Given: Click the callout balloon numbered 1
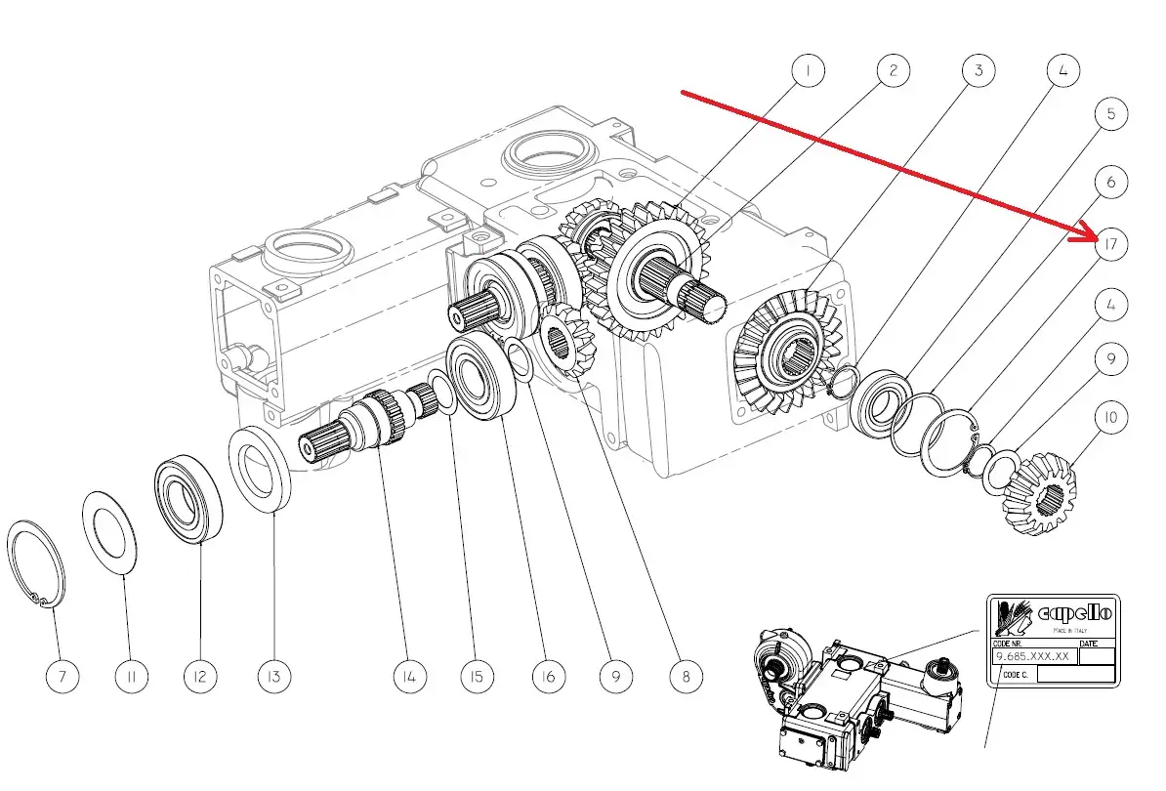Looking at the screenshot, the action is pos(808,70).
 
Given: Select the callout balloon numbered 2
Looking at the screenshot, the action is pos(893,70).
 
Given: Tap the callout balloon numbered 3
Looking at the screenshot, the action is pos(978,70).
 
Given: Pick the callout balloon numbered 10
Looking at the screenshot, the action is pos(1110,417).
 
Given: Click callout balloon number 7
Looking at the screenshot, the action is pos(62,676).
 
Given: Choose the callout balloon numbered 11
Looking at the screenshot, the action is pos(130,676).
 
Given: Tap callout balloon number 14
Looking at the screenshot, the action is pos(410,676).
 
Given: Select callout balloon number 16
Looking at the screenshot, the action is pos(548,676).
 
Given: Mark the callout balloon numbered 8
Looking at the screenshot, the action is pos(686,676).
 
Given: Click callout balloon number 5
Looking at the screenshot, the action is pos(1110,114).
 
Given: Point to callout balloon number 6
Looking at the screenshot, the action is pos(1110,182).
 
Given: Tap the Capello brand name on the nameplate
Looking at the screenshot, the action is pos(1075,612).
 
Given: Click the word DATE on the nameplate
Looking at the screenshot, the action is pos(1092,644).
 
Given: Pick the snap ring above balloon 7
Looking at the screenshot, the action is pos(37,564).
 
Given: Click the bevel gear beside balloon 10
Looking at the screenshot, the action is pos(1040,497).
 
